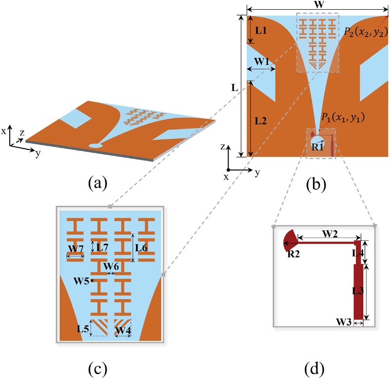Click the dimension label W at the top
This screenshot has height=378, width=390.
click(x=319, y=4)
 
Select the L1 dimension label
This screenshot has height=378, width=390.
click(x=261, y=31)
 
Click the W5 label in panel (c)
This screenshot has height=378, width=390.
click(x=80, y=281)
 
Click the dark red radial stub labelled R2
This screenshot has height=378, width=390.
click(x=291, y=240)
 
